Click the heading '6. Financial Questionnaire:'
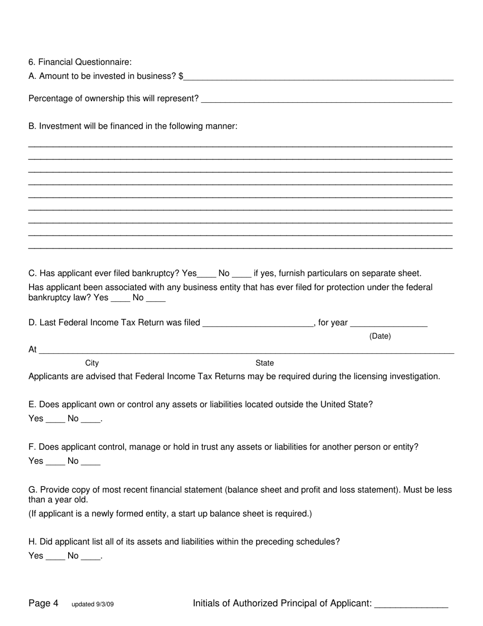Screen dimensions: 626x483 click(80, 62)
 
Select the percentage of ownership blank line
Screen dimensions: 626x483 click(326, 99)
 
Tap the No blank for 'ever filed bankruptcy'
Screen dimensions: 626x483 click(242, 274)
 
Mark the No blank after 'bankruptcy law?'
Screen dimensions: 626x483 click(156, 298)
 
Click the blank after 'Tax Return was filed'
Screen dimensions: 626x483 click(258, 323)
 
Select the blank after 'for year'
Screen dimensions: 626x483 click(389, 323)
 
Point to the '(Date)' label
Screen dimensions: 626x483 click(380, 336)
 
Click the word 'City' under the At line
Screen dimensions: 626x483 click(92, 363)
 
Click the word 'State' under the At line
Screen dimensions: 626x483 click(264, 363)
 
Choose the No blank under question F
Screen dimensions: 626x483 click(90, 462)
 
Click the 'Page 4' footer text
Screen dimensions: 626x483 click(43, 604)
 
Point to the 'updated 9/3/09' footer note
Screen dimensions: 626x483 click(93, 605)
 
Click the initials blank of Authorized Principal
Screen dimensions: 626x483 click(411, 604)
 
